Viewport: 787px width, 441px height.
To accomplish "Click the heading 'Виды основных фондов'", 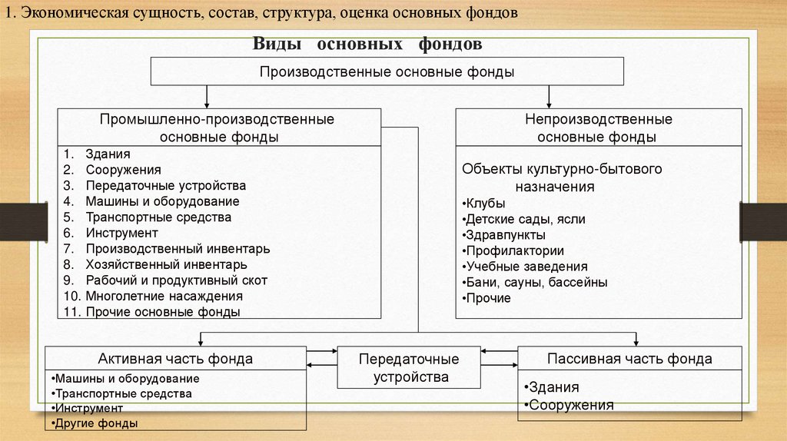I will [x=367, y=45].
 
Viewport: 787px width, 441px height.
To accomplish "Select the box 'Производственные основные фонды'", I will [x=386, y=71].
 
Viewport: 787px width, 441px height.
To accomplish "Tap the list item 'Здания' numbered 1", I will [x=108, y=154].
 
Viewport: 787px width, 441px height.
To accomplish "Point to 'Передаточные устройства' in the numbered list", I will [x=165, y=186].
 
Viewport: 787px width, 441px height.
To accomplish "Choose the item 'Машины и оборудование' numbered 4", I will [x=162, y=201].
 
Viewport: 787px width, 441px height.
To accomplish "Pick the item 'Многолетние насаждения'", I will [x=164, y=296].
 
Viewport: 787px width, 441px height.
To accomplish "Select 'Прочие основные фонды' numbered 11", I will [x=163, y=312].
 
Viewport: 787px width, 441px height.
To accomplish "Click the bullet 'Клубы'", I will [x=485, y=204].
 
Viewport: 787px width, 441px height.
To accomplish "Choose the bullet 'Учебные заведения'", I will [x=526, y=267].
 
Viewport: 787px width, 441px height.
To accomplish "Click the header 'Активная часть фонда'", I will [x=175, y=359].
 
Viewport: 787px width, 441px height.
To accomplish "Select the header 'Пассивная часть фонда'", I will [x=629, y=359].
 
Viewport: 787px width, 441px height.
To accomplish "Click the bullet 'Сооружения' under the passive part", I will [x=568, y=405].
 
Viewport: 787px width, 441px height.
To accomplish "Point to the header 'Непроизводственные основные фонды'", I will [x=599, y=128].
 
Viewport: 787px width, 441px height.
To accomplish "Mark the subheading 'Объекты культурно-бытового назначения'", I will [x=562, y=177].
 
